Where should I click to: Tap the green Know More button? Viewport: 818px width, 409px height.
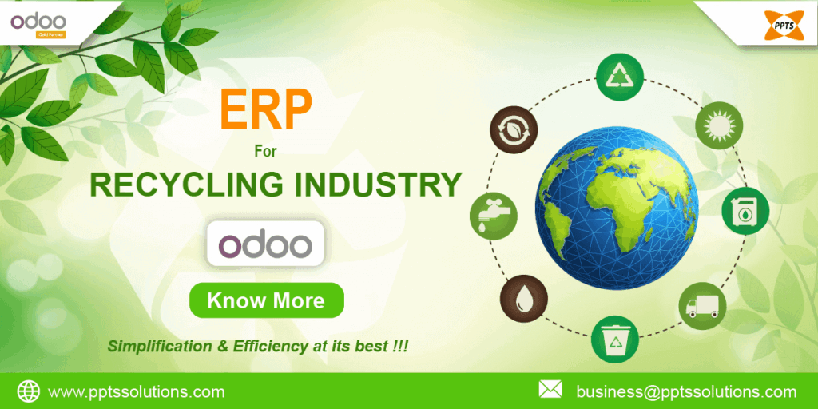(266, 300)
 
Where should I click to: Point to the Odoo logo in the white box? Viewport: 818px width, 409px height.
(265, 244)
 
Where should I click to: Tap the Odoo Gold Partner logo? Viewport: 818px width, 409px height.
(38, 23)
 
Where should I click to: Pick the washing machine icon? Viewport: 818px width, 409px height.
(745, 212)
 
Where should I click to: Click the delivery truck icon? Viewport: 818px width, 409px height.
(702, 305)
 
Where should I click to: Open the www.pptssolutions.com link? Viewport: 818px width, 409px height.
(136, 391)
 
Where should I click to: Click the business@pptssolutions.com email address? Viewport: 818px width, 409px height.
(686, 391)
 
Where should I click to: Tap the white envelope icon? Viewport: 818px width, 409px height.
(550, 390)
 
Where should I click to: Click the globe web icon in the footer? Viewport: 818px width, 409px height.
(29, 391)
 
